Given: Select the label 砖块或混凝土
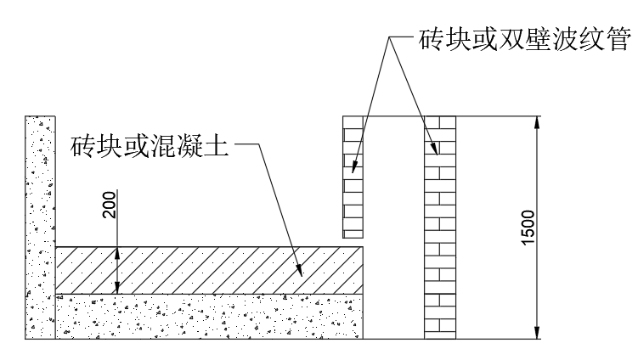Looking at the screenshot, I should [x=150, y=146].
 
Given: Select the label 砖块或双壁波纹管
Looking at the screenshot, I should [x=515, y=39].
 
